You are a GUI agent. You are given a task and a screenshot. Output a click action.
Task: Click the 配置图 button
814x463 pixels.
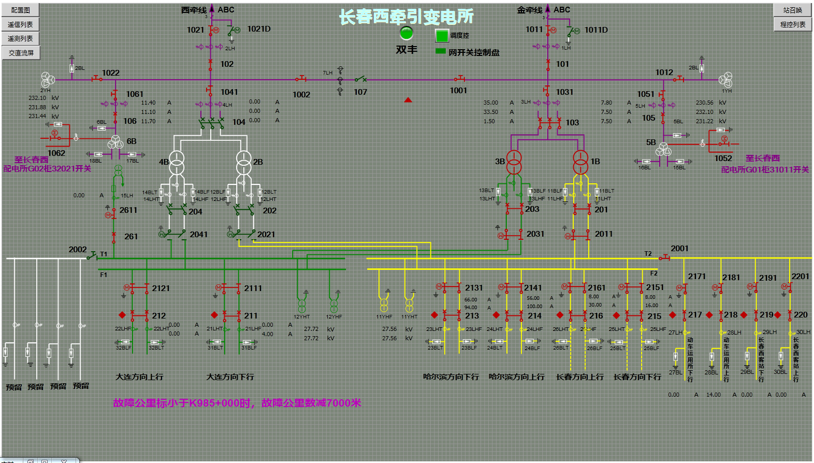pyautogui.click(x=21, y=10)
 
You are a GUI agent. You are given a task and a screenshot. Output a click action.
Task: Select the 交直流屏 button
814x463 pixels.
pyautogui.click(x=21, y=53)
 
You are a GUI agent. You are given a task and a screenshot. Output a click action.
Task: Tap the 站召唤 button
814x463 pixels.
pyautogui.click(x=792, y=10)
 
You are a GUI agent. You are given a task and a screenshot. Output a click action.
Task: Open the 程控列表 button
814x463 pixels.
pyautogui.click(x=792, y=24)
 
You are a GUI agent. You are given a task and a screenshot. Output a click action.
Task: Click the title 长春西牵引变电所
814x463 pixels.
pyautogui.click(x=406, y=17)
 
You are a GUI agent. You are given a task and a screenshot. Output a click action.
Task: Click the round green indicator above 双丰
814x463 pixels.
pyautogui.click(x=406, y=33)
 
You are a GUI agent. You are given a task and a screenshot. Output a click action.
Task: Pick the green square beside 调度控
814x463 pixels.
pyautogui.click(x=442, y=36)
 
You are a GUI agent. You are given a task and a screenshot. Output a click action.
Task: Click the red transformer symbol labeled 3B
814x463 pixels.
pyautogui.click(x=514, y=162)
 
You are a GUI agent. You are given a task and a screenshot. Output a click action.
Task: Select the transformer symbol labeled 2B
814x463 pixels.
pyautogui.click(x=243, y=162)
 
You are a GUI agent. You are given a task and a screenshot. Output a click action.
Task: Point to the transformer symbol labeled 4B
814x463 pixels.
pyautogui.click(x=177, y=162)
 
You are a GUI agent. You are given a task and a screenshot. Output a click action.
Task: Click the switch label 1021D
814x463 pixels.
pyautogui.click(x=259, y=29)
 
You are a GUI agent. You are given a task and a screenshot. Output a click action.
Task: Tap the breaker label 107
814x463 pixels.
pyautogui.click(x=360, y=92)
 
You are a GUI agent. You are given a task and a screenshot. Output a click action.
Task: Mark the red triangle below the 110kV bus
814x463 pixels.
pyautogui.click(x=408, y=100)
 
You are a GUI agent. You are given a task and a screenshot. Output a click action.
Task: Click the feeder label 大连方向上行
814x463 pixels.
pyautogui.click(x=139, y=377)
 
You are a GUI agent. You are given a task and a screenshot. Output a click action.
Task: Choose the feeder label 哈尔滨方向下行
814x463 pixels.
pyautogui.click(x=450, y=377)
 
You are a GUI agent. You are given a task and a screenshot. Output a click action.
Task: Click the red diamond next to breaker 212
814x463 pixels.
pyautogui.click(x=122, y=315)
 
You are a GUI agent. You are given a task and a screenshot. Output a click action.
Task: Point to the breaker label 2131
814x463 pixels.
pyautogui.click(x=474, y=288)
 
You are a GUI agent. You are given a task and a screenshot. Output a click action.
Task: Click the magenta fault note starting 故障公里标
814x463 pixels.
pyautogui.click(x=237, y=403)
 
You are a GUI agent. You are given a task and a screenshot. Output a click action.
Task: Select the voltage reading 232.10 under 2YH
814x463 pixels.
pyautogui.click(x=37, y=98)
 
